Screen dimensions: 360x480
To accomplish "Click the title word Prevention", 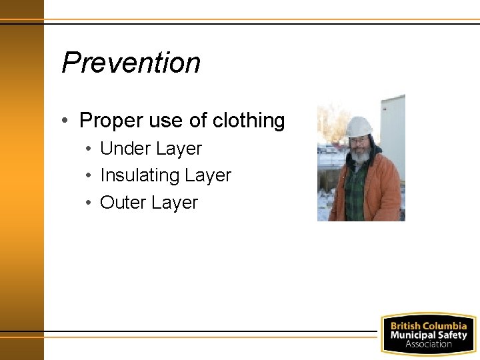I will [131, 63].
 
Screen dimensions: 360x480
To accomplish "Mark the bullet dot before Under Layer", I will [87, 149].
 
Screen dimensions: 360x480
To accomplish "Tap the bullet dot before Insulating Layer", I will [87, 176].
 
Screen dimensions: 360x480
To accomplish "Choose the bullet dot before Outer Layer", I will [87, 203].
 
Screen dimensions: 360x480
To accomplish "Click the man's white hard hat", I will [359, 126].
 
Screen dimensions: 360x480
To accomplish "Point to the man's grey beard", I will [361, 155].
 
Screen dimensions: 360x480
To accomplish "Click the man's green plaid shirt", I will [355, 193].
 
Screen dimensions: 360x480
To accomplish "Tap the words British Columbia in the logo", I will [428, 326].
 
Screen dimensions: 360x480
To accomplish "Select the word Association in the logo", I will [428, 344].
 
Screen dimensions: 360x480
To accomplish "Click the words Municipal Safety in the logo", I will [428, 335].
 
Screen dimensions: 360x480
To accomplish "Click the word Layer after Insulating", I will [208, 175].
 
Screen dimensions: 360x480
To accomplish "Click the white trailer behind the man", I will [393, 127].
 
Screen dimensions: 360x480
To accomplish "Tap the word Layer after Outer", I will [175, 203].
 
